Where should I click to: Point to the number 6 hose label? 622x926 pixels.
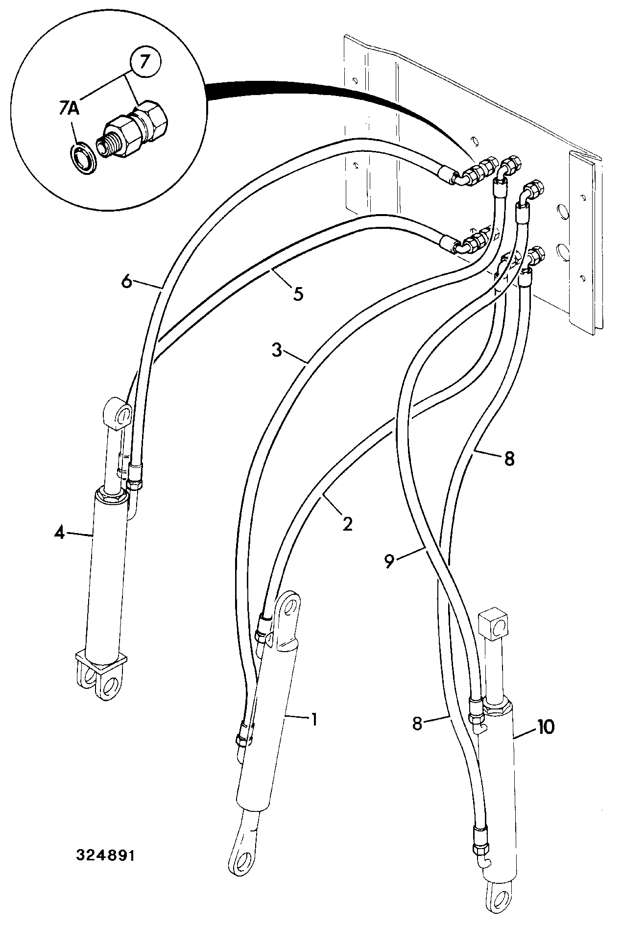pyautogui.click(x=127, y=283)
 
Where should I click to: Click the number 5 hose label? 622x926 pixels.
pyautogui.click(x=298, y=294)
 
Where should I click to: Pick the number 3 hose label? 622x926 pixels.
pyautogui.click(x=277, y=351)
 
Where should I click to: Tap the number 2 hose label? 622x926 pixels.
pyautogui.click(x=347, y=524)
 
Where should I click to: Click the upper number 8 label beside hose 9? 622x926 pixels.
pyautogui.click(x=509, y=459)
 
